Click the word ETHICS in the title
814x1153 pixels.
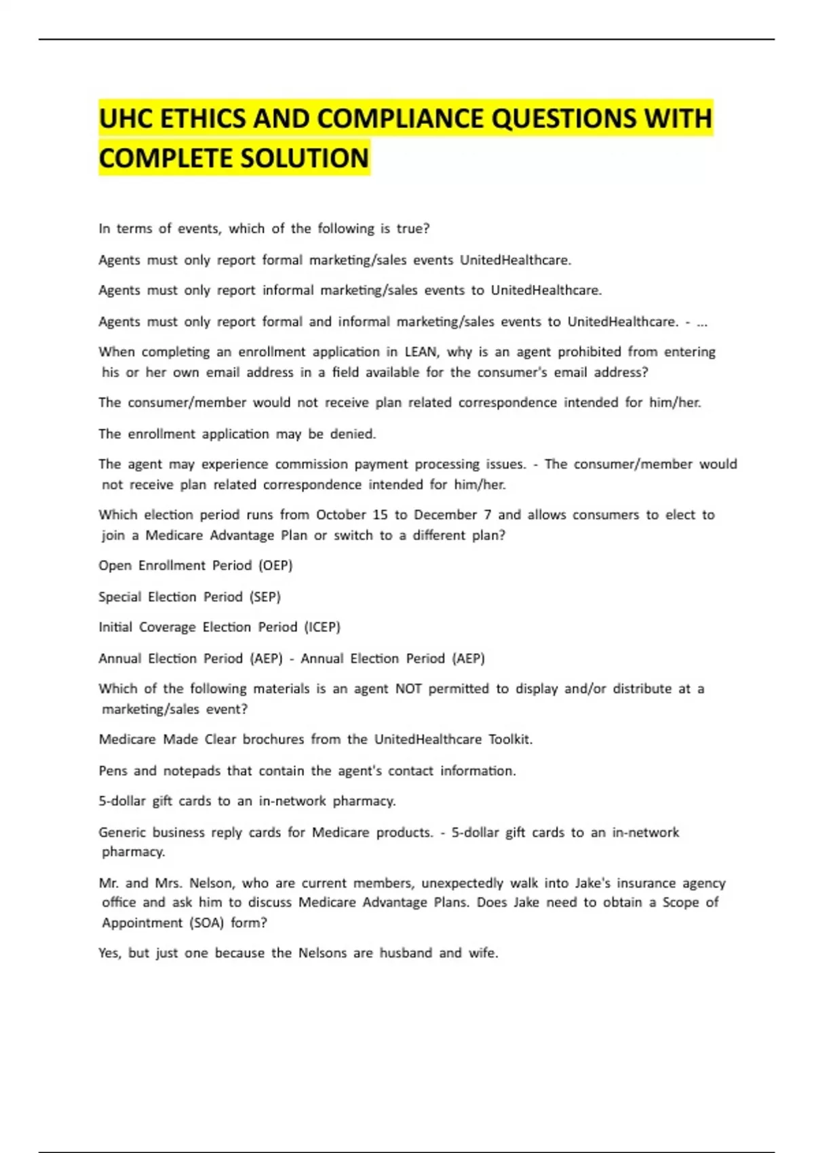point(201,119)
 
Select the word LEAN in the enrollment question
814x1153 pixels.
point(421,351)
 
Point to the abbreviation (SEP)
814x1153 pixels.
point(265,597)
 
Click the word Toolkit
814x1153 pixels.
point(510,739)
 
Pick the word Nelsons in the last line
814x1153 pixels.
point(322,953)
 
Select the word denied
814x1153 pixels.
point(353,434)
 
